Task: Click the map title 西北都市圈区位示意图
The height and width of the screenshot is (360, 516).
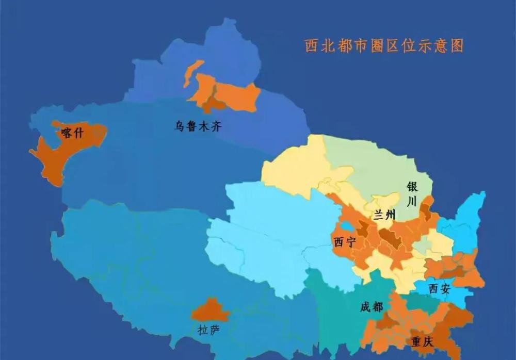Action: (x=384, y=46)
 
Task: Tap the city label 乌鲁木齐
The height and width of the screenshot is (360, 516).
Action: (x=198, y=125)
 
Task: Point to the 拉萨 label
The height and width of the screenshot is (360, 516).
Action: (x=209, y=330)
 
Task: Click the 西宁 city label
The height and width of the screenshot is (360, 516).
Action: (x=345, y=242)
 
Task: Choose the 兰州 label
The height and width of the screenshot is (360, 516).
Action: (x=384, y=215)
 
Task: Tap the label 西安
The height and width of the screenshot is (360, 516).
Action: (x=439, y=289)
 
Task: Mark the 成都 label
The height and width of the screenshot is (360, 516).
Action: (x=372, y=307)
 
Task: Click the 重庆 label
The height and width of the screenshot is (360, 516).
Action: (x=422, y=342)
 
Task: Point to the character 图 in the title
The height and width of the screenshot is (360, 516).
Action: (x=457, y=46)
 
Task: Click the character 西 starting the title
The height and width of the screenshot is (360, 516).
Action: (x=312, y=46)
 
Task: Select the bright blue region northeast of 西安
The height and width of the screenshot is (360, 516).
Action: (x=467, y=222)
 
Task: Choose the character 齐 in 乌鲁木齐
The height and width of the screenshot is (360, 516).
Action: (x=216, y=125)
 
